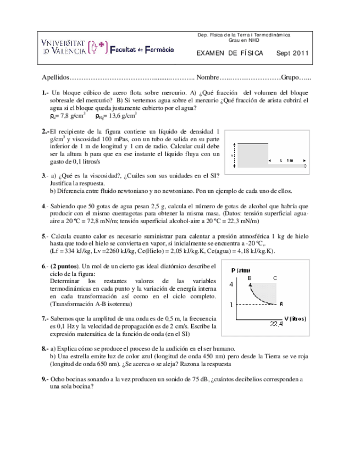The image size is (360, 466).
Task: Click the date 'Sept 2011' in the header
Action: [x=292, y=53]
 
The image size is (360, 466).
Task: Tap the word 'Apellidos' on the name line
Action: [x=56, y=77]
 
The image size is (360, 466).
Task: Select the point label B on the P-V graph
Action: [x=249, y=279]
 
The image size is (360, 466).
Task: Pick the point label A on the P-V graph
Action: [x=281, y=303]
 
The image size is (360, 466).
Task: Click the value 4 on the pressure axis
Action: [x=231, y=284]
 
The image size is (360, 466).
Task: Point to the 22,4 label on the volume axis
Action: [x=276, y=325]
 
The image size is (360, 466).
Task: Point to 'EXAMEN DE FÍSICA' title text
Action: [x=230, y=53]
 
